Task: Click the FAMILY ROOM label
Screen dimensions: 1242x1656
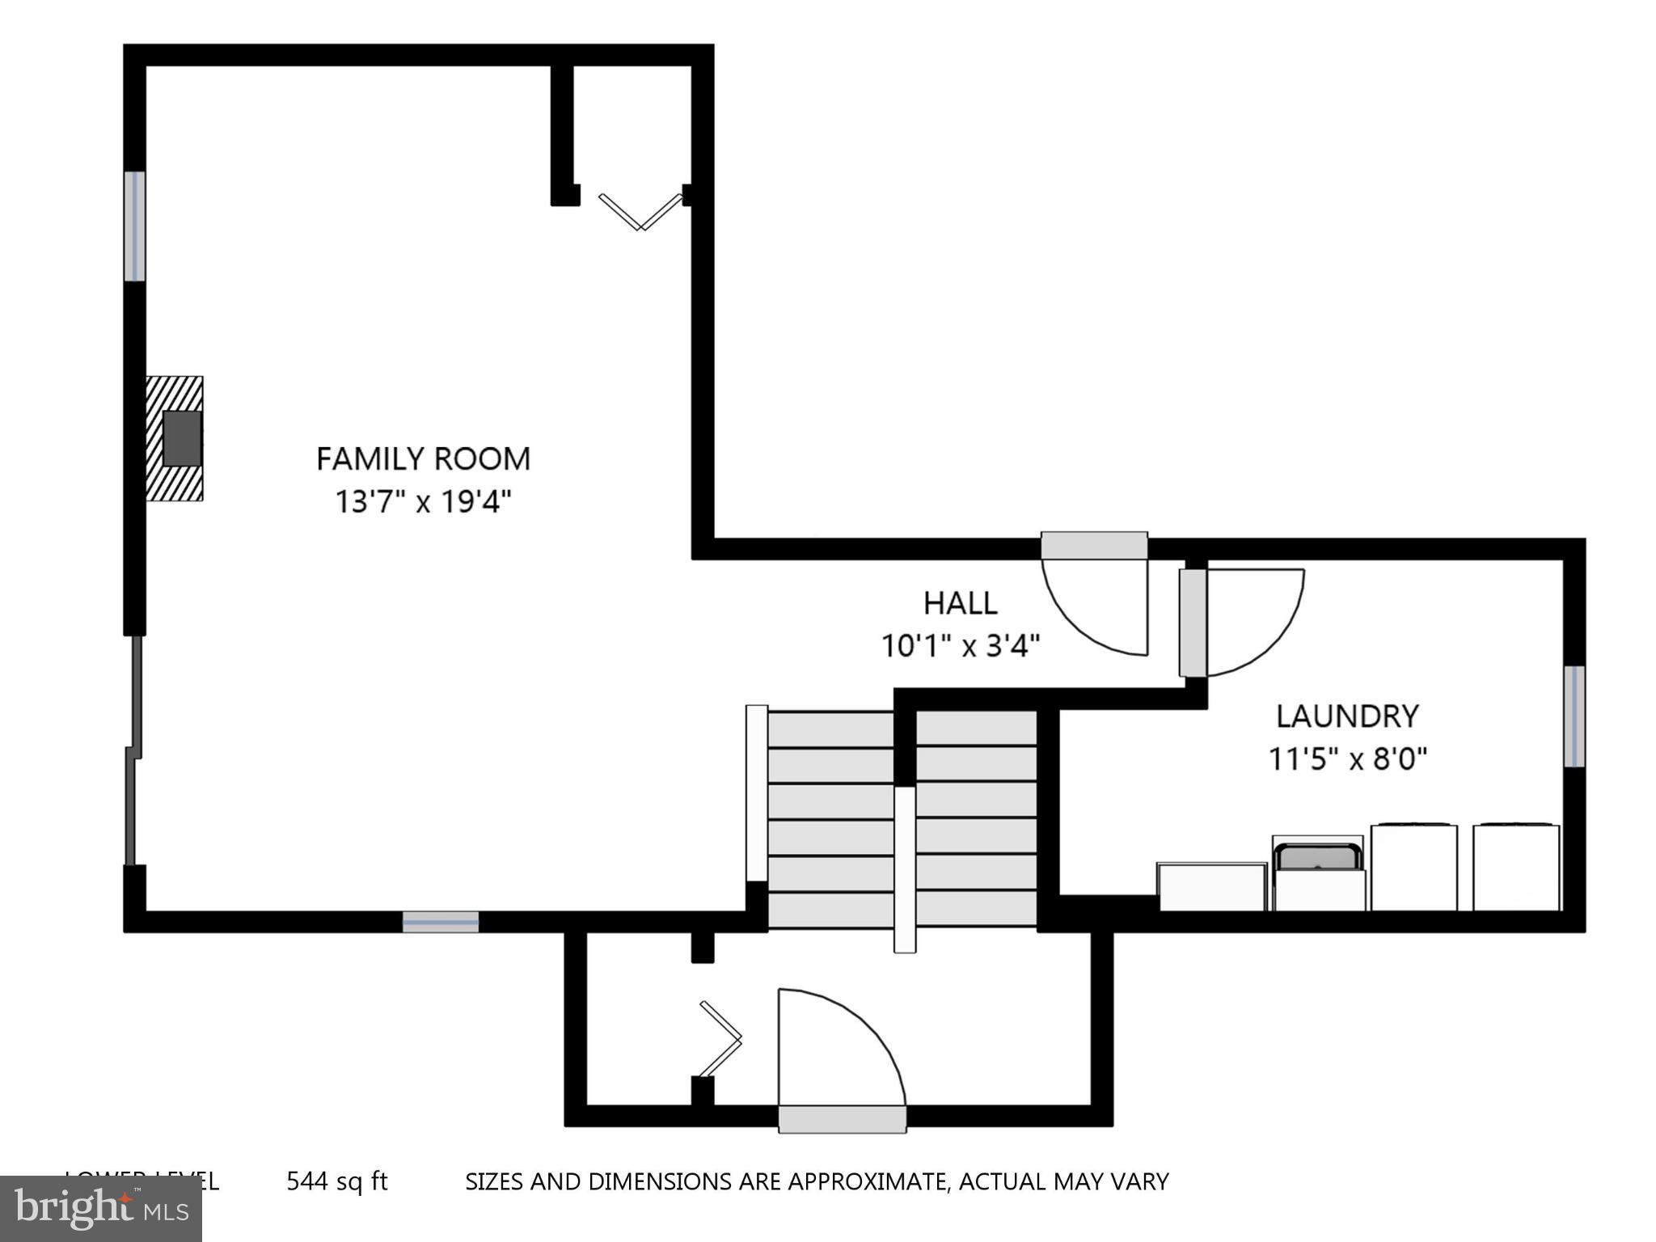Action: (423, 459)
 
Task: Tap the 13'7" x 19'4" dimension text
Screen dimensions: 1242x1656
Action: (424, 502)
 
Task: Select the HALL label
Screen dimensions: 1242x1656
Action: (960, 603)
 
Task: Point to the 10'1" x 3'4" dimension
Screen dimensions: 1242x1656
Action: (960, 646)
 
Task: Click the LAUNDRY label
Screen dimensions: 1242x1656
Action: (1347, 716)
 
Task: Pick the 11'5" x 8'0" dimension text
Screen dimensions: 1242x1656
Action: (1347, 759)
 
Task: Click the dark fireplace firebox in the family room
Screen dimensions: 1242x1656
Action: (182, 437)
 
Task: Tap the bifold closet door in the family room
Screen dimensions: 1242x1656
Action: (640, 211)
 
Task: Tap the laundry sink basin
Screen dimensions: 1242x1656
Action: (1317, 856)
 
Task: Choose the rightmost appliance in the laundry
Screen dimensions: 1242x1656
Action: (1516, 868)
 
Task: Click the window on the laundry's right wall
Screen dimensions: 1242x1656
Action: (1574, 716)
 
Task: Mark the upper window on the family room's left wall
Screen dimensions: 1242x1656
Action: (134, 226)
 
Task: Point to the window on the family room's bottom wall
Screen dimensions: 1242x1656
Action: (441, 922)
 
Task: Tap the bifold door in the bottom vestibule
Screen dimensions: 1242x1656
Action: (720, 1039)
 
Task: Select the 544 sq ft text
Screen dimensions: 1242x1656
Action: (337, 1182)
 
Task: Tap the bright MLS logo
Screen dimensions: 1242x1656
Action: (101, 1209)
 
